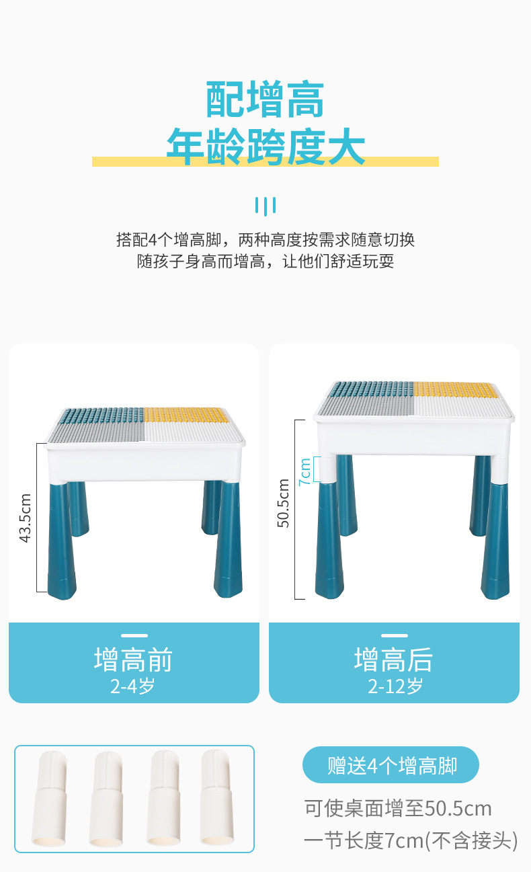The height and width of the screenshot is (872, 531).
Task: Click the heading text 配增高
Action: coord(265,99)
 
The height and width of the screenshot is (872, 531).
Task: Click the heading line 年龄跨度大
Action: coord(265,147)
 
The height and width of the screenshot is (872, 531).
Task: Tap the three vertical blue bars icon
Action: coord(265,206)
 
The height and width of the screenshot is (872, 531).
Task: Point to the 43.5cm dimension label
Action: coord(25,518)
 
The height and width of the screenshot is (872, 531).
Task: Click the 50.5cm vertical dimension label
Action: coord(283,503)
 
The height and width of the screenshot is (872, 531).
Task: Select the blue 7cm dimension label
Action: coord(304,472)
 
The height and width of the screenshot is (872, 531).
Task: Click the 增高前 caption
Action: coord(133,660)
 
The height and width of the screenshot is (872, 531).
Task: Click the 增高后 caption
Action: coord(393,660)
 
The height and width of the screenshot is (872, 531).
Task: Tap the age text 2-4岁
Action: coord(133,686)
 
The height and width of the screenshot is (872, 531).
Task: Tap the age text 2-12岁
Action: coord(395,686)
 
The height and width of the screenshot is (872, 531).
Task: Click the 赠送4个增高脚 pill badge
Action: coord(391,765)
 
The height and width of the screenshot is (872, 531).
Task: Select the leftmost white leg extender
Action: coord(50,799)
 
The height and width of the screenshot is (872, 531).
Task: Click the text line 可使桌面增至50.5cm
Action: coord(397,809)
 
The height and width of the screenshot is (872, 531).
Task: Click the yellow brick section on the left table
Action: coord(186,415)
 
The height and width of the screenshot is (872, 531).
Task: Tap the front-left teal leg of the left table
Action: coord(61,541)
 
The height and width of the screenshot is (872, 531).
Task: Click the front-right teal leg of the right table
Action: coord(495,541)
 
